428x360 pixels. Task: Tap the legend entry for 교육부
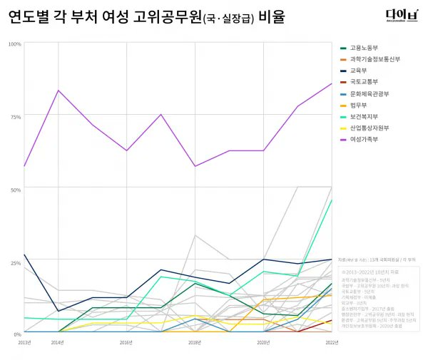[359, 71]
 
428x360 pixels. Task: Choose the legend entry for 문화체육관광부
[367, 93]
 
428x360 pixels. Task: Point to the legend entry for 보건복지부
[363, 116]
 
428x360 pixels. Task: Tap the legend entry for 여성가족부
[363, 139]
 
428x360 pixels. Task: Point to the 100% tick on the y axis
[14, 44]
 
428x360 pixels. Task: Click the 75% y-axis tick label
[15, 116]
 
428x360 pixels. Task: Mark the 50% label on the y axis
[15, 189]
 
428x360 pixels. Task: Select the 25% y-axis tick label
[15, 262]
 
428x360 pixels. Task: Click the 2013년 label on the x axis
[24, 343]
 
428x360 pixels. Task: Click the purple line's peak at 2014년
[58, 91]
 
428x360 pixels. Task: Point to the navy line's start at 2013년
[24, 254]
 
